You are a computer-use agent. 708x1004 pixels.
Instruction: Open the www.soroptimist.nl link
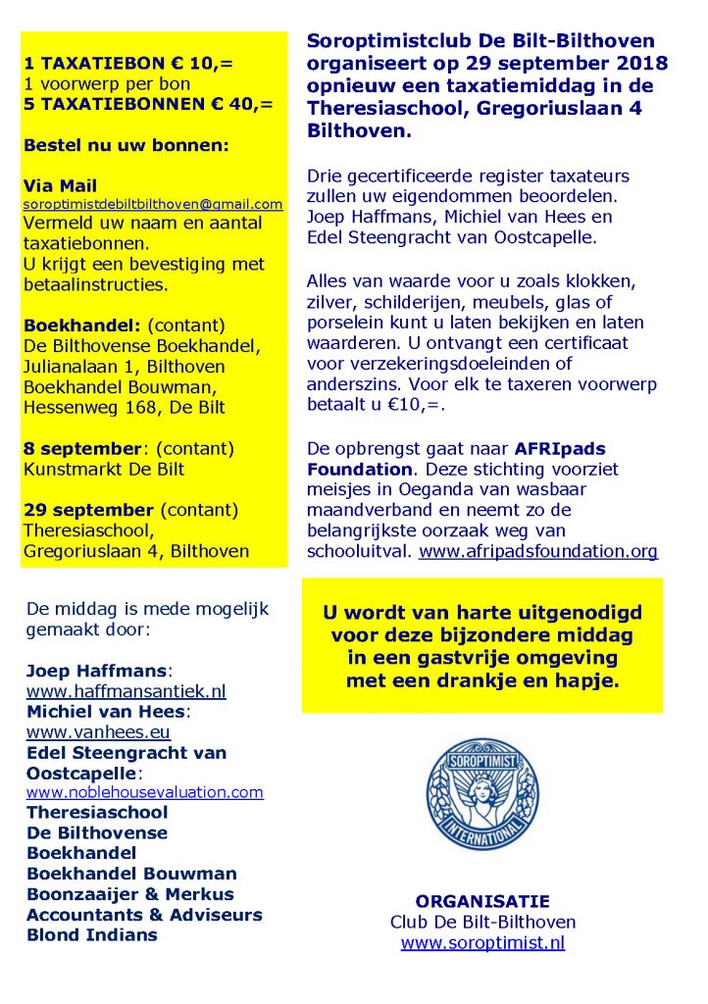(482, 943)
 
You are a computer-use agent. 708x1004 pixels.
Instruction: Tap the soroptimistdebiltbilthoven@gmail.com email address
(153, 205)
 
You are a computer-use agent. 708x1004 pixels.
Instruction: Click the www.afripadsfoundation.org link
(537, 551)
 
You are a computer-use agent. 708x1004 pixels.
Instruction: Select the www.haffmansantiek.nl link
(126, 691)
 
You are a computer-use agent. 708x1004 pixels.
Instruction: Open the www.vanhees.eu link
(98, 731)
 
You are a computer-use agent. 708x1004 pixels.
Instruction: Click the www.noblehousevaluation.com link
(145, 792)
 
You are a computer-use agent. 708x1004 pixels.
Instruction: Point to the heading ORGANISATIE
(482, 901)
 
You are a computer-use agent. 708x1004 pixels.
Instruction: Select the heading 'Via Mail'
(60, 185)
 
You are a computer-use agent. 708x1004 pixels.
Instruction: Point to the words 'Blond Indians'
(91, 934)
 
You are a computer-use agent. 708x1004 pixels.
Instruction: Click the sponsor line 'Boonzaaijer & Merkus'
(130, 894)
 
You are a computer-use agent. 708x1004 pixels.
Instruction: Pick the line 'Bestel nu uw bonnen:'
(126, 144)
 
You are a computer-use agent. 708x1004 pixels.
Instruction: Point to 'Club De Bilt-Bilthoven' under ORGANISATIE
(482, 923)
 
